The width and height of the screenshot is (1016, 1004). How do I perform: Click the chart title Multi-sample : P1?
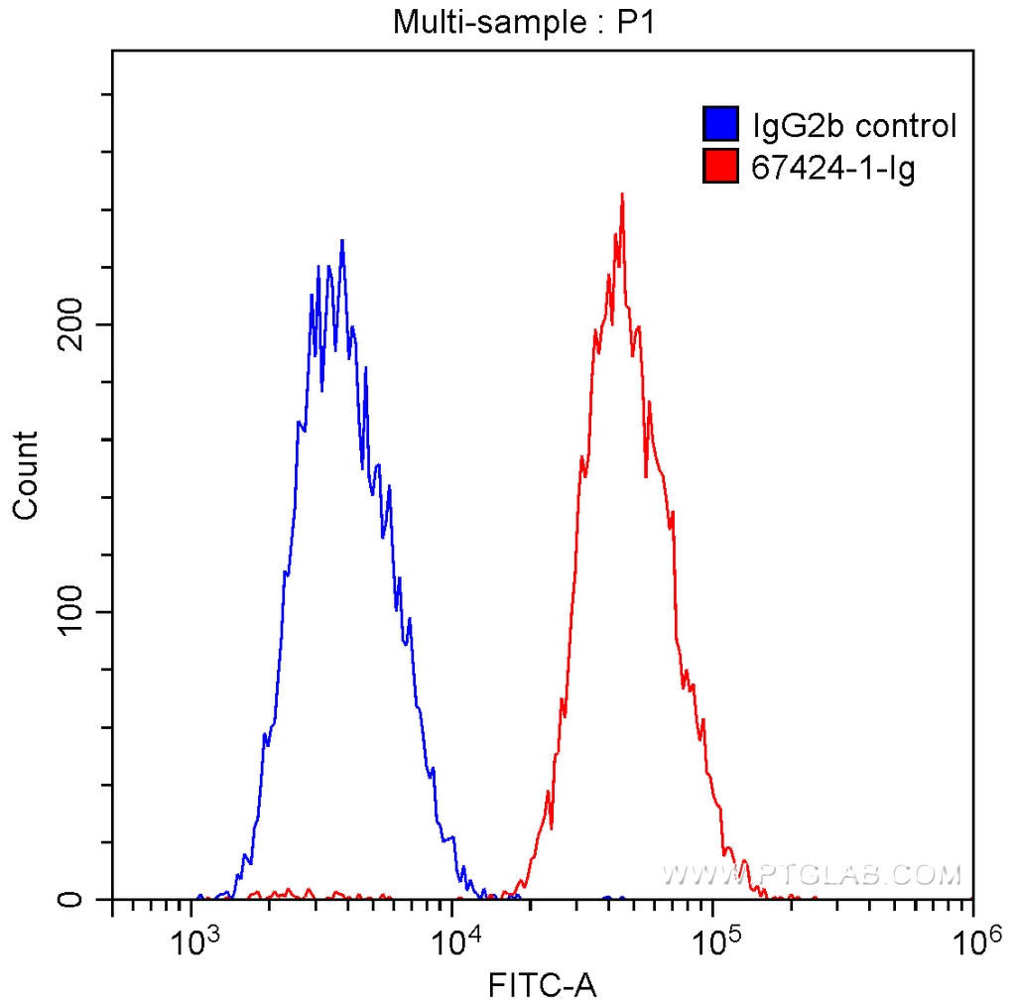(x=526, y=21)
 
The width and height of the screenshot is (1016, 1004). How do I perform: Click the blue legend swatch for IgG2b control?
(x=720, y=125)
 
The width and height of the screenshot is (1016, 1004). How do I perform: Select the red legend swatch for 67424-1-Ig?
(x=720, y=167)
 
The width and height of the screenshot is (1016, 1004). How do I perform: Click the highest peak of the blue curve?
(x=342, y=241)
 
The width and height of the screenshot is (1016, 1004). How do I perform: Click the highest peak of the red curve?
(x=621, y=195)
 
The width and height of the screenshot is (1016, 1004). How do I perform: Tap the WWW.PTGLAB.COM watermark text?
(x=812, y=874)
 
